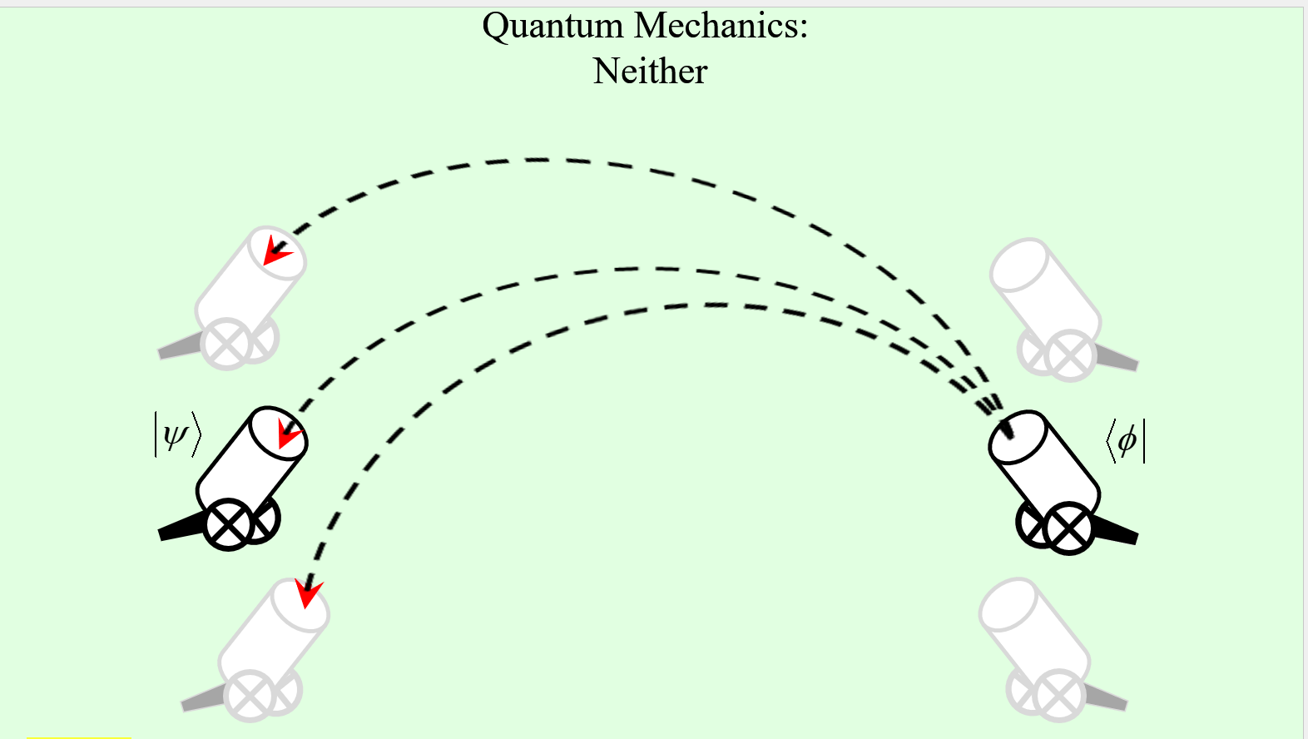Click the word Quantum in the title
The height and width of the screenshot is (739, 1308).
coord(552,27)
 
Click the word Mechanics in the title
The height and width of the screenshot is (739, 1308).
coord(721,27)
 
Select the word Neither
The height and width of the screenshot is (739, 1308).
coord(650,72)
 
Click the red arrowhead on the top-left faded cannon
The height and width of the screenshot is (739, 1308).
coord(275,250)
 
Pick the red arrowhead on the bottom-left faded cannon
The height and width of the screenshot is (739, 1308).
coord(308,592)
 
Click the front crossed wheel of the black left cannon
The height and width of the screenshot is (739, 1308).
coord(228,524)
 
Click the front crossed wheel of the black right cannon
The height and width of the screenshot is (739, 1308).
coord(1069,528)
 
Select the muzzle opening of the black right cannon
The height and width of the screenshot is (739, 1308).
coord(1017,436)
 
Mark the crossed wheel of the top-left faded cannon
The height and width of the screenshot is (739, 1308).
coord(226,345)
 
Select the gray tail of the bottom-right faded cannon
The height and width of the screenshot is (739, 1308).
coord(1106,697)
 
